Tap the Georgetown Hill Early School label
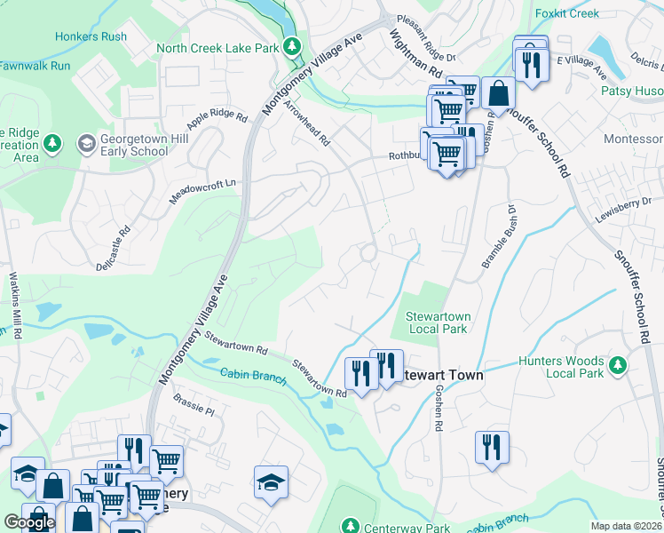[133, 145]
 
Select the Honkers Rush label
[91, 36]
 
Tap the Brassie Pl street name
[194, 405]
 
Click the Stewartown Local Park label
[439, 322]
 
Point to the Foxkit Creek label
[569, 14]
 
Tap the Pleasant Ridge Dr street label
[425, 36]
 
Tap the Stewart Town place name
[444, 376]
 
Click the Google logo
[29, 522]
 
